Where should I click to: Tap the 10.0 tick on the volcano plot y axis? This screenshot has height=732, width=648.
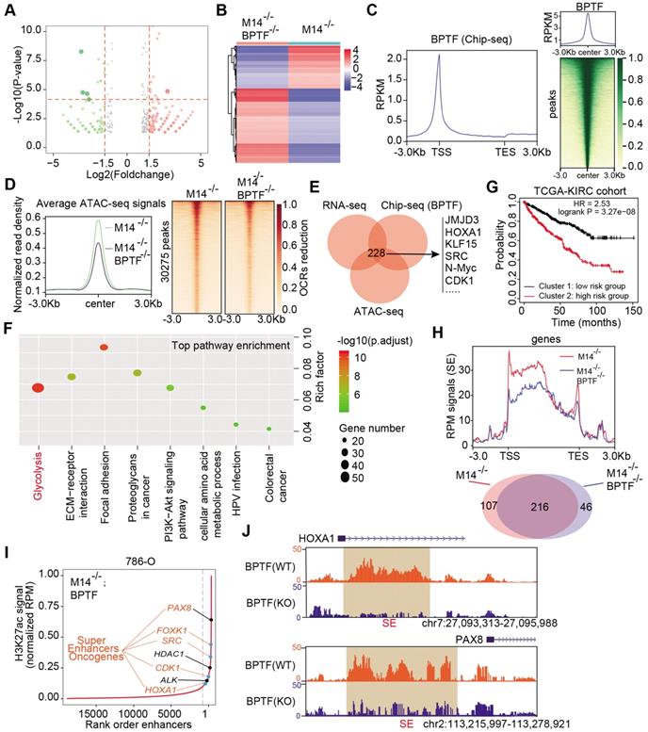[32, 31]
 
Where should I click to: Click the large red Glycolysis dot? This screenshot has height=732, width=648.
[39, 388]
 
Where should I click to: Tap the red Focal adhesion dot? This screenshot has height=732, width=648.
[104, 348]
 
